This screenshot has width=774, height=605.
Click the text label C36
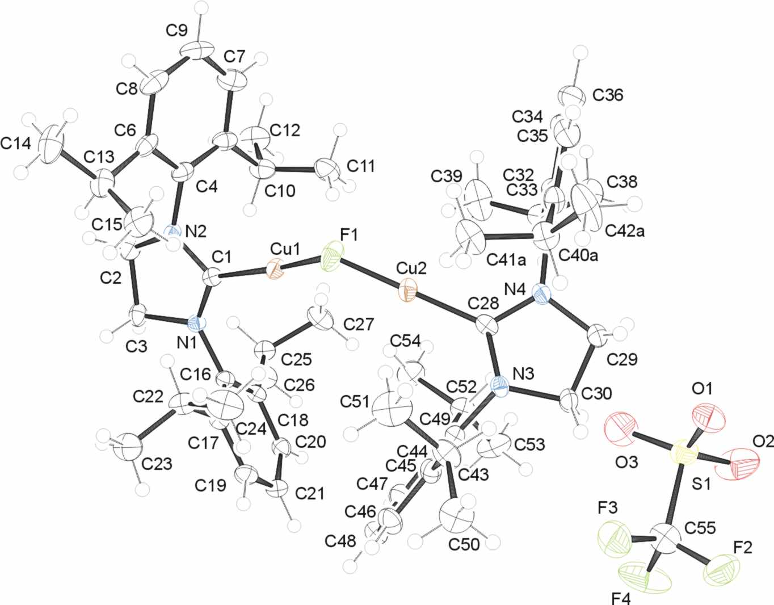(x=608, y=95)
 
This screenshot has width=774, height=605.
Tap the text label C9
(x=176, y=32)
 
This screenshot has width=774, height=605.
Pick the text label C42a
(x=625, y=232)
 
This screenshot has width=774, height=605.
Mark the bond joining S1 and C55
(x=675, y=494)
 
